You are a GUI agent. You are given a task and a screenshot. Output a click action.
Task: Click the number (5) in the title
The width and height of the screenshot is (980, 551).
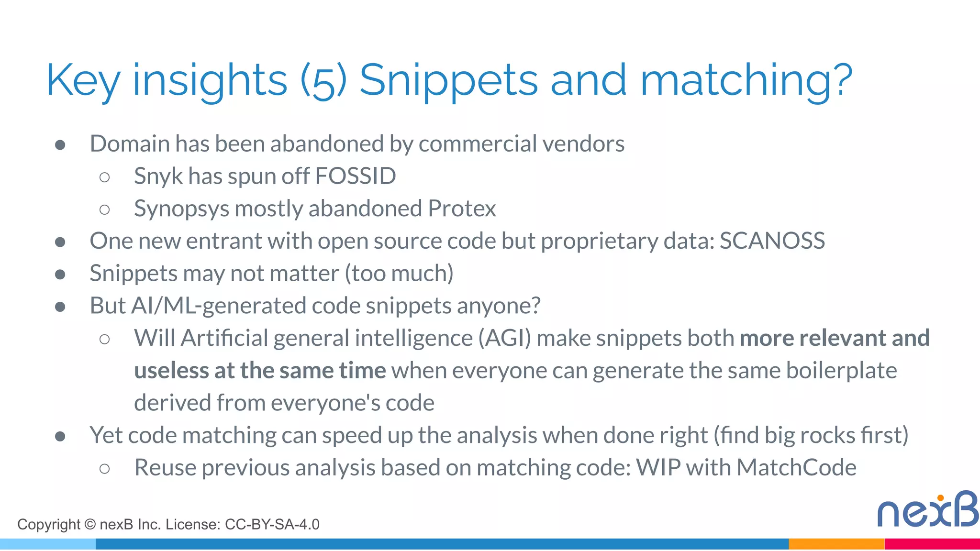323,81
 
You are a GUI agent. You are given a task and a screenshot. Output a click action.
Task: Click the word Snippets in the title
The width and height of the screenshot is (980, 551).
448,81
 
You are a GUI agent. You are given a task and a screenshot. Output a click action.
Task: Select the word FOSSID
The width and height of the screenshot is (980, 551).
356,176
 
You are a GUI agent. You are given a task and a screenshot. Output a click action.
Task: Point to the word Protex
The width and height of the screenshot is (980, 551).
462,209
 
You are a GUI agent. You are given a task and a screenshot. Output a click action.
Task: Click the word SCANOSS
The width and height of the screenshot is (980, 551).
772,241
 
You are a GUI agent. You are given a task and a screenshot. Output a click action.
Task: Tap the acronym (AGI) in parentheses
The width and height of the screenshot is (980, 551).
505,339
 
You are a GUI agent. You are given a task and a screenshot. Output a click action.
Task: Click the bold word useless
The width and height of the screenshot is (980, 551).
171,371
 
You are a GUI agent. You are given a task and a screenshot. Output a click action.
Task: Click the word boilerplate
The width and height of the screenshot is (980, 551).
841,371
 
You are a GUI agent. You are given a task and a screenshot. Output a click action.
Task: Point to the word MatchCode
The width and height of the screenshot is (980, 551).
796,468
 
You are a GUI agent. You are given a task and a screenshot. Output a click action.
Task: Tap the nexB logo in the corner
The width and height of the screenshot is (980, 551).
927,510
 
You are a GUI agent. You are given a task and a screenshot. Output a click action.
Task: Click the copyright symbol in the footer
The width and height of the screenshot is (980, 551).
90,524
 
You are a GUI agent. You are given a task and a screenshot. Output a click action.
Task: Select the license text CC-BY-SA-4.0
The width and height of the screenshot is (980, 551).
272,525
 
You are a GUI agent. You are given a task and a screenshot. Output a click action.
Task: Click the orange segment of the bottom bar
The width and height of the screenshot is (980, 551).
836,544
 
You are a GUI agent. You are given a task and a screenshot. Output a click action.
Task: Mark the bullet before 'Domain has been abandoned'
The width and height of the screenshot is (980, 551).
60,144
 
